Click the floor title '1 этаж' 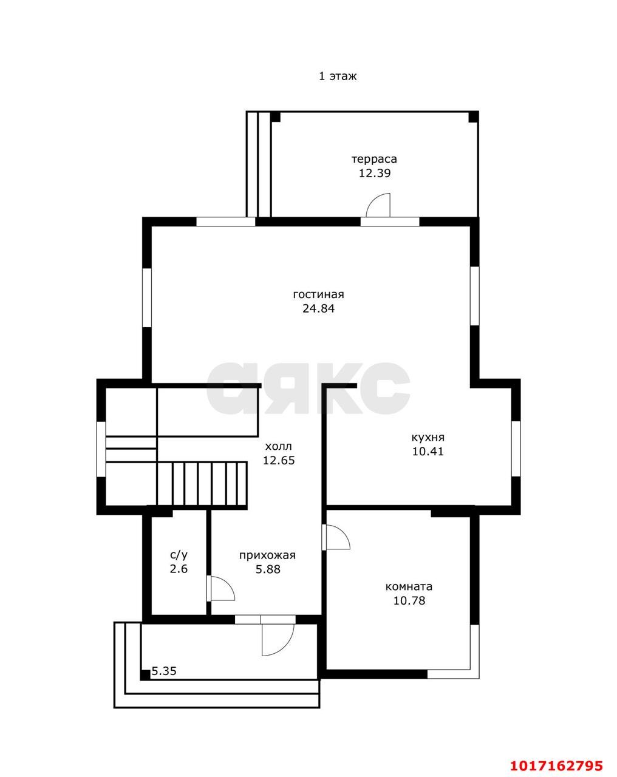(x=338, y=76)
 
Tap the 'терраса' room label (x=374, y=159)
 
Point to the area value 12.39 (x=375, y=174)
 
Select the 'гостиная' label (x=318, y=294)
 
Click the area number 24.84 (x=318, y=309)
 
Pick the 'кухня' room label (x=428, y=438)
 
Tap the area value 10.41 (x=428, y=452)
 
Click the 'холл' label (x=278, y=447)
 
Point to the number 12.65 (x=279, y=461)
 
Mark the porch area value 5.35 (x=163, y=671)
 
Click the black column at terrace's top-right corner (x=474, y=117)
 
